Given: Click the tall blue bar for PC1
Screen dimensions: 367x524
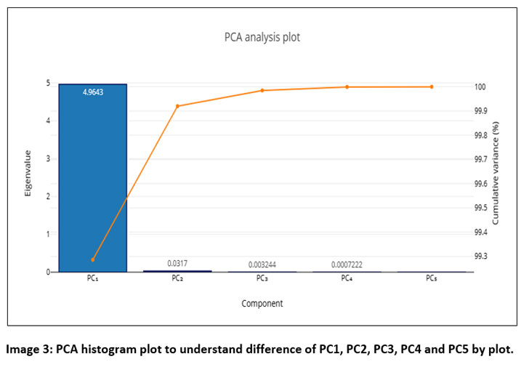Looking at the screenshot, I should pyautogui.click(x=92, y=182).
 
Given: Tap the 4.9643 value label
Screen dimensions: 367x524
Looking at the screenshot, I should pyautogui.click(x=92, y=92).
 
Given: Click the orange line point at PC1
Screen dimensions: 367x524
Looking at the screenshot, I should pyautogui.click(x=93, y=259).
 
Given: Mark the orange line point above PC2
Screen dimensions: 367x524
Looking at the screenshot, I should pyautogui.click(x=177, y=106).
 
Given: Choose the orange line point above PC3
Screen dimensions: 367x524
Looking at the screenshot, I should pyautogui.click(x=262, y=90).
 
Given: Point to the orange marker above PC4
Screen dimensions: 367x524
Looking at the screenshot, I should pyautogui.click(x=347, y=87).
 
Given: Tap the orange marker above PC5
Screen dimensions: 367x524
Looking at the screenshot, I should pyautogui.click(x=431, y=86).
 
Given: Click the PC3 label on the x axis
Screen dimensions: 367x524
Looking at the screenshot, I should pyautogui.click(x=262, y=279).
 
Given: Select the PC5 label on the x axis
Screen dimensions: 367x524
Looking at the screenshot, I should pyautogui.click(x=431, y=279).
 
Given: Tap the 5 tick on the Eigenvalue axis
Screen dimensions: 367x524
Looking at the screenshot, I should pyautogui.click(x=48, y=83).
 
